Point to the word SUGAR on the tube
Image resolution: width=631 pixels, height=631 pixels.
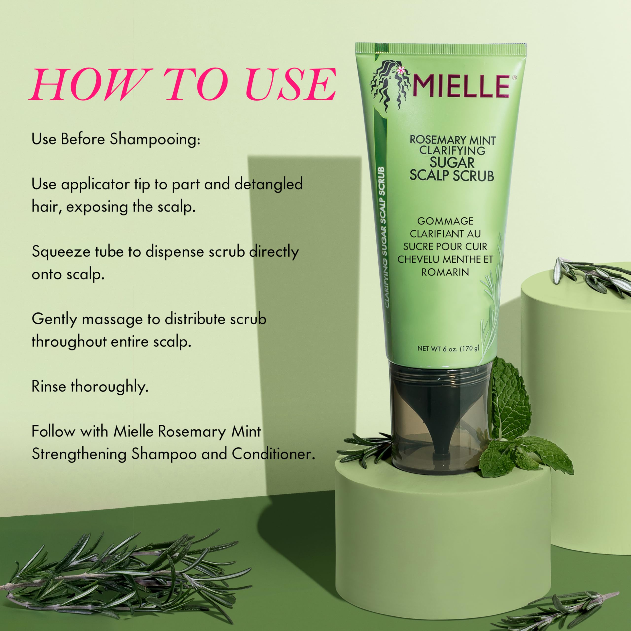(452, 163)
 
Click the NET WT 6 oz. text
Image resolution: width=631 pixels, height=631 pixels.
(448, 349)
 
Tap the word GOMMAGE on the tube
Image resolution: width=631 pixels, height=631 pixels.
(445, 221)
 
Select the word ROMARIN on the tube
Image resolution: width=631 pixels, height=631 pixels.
(445, 272)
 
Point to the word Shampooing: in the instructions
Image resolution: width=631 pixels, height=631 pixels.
(155, 140)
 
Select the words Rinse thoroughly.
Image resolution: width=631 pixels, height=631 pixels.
(90, 387)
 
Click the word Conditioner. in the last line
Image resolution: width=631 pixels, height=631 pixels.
(273, 454)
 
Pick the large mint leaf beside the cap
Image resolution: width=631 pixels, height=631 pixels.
(511, 402)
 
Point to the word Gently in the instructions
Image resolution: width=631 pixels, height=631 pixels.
(54, 319)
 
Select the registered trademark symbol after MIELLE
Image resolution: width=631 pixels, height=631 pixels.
(515, 78)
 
